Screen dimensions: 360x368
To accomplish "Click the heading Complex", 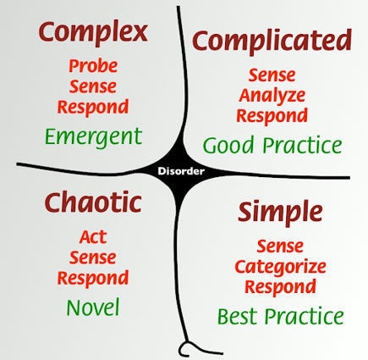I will (x=93, y=33).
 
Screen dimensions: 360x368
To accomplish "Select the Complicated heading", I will (x=272, y=41).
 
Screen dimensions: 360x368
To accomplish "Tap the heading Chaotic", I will (x=93, y=202).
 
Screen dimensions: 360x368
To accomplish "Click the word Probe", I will (x=93, y=66).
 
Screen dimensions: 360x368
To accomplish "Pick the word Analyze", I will (x=272, y=95).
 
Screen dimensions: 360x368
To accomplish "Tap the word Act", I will (x=93, y=236).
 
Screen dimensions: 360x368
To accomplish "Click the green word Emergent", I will (x=93, y=136).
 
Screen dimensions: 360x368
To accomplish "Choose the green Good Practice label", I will (x=272, y=145).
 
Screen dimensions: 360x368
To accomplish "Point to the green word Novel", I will (x=93, y=307).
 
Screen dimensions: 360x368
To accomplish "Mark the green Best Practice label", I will (x=280, y=317).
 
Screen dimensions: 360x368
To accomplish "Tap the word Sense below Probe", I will (x=93, y=87).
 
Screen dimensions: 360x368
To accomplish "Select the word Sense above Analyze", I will (x=272, y=75).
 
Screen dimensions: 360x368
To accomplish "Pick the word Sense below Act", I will (x=93, y=258).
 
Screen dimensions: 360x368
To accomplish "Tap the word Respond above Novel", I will (x=93, y=278).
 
